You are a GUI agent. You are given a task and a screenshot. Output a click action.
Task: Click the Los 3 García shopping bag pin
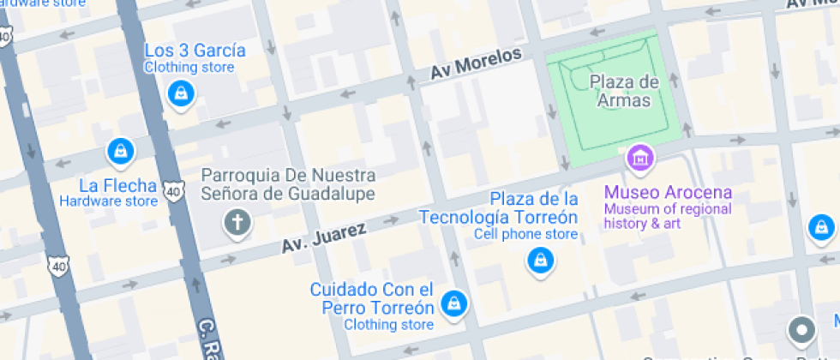[180, 93]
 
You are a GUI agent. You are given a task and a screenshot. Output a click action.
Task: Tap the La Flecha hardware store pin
[120, 152]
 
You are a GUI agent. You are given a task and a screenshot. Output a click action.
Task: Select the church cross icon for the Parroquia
[237, 224]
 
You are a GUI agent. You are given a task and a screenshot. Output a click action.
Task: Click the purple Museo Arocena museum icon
[639, 157]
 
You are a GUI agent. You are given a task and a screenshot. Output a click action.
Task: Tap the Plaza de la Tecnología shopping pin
[539, 259]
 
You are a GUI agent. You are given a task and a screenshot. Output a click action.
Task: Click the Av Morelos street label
[476, 64]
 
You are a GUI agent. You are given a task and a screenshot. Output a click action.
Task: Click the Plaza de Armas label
[624, 91]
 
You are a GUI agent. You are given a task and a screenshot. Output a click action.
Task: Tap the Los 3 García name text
[195, 51]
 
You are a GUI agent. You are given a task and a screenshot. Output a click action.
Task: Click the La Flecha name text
[117, 185]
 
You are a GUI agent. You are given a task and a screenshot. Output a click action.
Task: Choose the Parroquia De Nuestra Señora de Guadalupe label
[288, 183]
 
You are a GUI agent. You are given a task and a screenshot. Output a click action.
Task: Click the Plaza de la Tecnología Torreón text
[498, 208]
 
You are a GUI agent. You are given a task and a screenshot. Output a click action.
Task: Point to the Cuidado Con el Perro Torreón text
[371, 297]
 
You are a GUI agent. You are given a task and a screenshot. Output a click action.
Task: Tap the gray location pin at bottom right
[801, 329]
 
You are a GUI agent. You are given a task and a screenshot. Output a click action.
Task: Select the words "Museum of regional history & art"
[667, 216]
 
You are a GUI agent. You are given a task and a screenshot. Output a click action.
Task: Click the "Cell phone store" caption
[526, 234]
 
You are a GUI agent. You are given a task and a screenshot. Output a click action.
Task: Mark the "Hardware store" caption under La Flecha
[108, 201]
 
